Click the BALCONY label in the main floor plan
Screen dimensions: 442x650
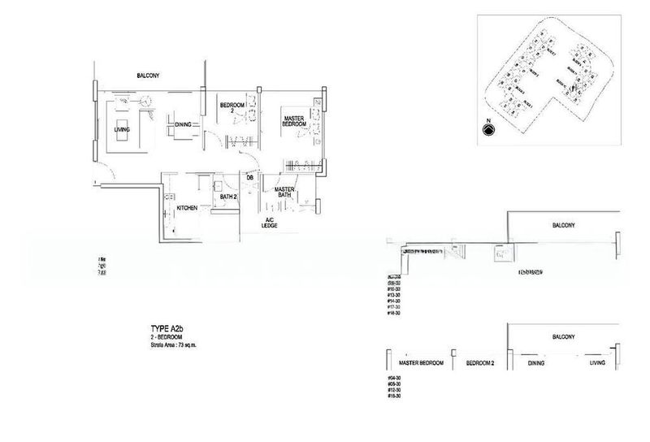pos(147,76)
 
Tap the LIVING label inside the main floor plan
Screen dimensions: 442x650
pos(122,129)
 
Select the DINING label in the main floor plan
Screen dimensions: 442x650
pos(183,124)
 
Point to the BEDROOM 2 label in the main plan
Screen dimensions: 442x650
pos(231,108)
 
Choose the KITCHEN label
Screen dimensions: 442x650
pos(188,208)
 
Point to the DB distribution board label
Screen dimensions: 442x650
pos(250,177)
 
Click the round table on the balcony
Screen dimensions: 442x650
pos(145,100)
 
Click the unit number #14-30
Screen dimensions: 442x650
pos(396,300)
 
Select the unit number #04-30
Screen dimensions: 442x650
pos(396,378)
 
